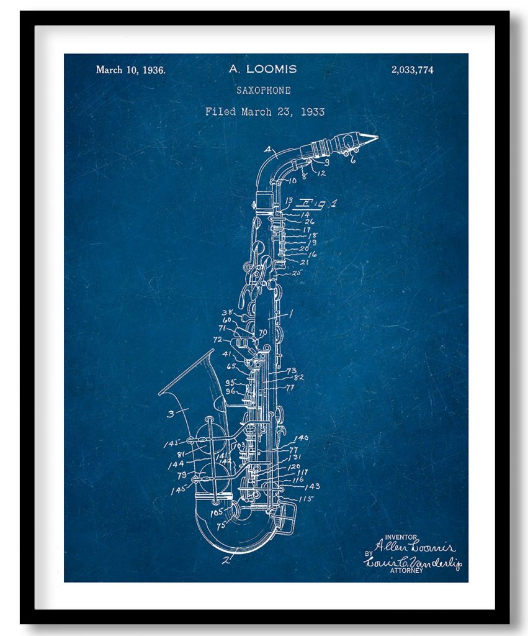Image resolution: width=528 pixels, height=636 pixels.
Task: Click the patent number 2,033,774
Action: [412, 70]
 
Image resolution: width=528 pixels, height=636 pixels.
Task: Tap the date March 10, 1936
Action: [130, 70]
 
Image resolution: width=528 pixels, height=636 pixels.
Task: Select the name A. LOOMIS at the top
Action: [262, 69]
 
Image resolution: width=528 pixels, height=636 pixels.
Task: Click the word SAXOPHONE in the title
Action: [263, 90]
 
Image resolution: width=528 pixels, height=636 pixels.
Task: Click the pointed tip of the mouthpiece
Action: [375, 136]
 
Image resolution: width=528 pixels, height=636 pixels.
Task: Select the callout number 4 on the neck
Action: [267, 150]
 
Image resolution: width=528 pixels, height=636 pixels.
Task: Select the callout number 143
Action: [313, 486]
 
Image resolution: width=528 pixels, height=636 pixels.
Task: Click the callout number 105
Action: [215, 512]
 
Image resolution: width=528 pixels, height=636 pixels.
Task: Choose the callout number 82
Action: [298, 377]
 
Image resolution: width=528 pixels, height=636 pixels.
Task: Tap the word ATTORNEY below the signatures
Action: [406, 571]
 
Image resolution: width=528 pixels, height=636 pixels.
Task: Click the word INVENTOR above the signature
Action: [401, 537]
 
